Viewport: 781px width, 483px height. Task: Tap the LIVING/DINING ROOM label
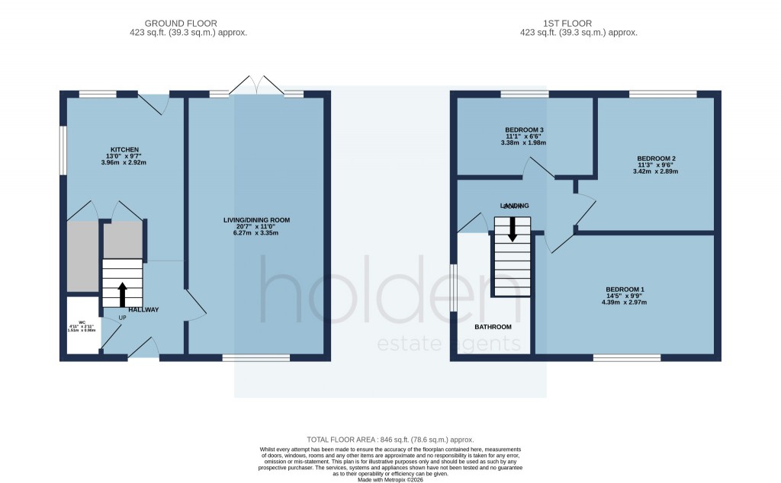pos(256,220)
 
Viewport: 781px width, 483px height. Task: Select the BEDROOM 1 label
pos(625,289)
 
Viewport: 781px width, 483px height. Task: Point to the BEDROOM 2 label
pos(657,158)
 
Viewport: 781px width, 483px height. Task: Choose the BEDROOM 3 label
pos(524,130)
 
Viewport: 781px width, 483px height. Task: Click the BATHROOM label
pos(493,327)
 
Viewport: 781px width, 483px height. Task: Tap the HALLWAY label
pos(143,309)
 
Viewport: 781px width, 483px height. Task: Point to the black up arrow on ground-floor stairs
pos(121,293)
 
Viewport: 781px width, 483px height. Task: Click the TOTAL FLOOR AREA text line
pos(390,440)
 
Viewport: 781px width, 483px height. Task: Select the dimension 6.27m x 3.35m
pos(256,232)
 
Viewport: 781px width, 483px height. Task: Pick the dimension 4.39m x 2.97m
pos(625,302)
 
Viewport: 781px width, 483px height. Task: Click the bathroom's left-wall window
pos(452,287)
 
